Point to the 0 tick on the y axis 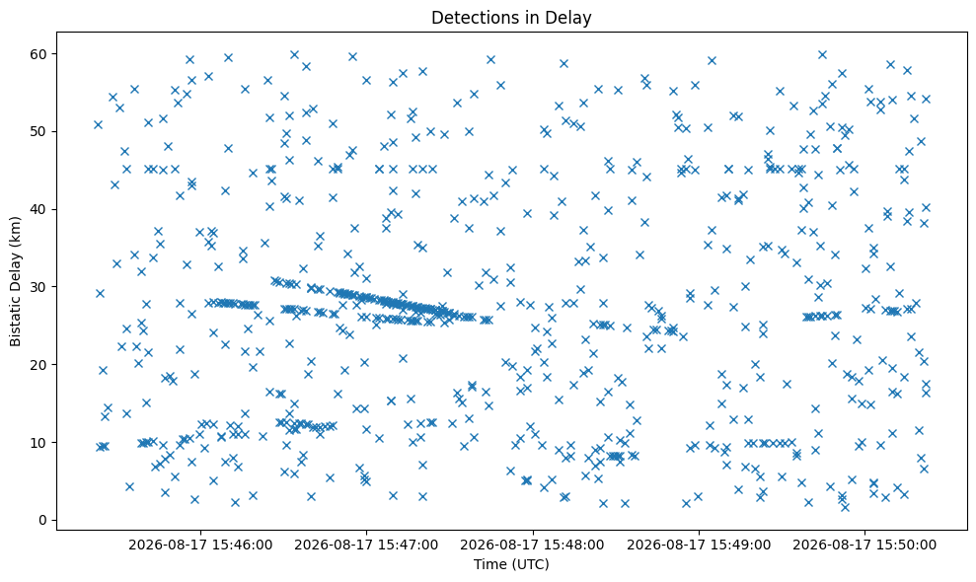pyautogui.click(x=43, y=521)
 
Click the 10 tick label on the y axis pyautogui.click(x=38, y=443)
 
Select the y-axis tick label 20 pyautogui.click(x=38, y=365)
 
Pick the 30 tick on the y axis pyautogui.click(x=38, y=287)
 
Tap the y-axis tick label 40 pyautogui.click(x=38, y=209)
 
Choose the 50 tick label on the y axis pyautogui.click(x=38, y=131)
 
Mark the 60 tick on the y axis pyautogui.click(x=38, y=54)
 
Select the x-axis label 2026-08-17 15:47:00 pyautogui.click(x=366, y=546)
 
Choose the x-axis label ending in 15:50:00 pyautogui.click(x=864, y=546)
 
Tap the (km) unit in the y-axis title pyautogui.click(x=16, y=231)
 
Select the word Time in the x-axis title pyautogui.click(x=489, y=564)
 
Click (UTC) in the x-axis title pyautogui.click(x=530, y=564)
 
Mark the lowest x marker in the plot pyautogui.click(x=845, y=507)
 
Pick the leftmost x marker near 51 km pyautogui.click(x=98, y=124)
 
